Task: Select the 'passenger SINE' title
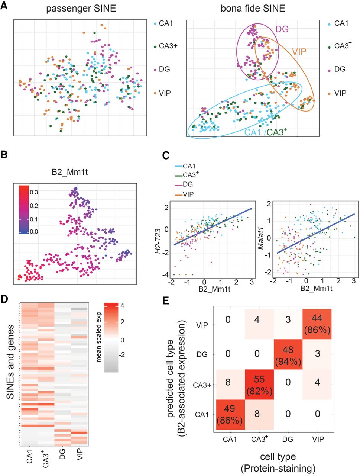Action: pos(81,9)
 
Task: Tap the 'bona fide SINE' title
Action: pos(253,9)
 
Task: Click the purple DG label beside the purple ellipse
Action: pos(282,29)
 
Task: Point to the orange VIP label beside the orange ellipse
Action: pos(299,51)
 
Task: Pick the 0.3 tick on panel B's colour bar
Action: pos(34,192)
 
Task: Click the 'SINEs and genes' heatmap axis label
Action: pos(11,361)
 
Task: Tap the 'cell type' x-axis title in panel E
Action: pos(278,457)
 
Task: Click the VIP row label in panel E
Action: pos(202,325)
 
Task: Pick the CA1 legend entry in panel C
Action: pos(189,166)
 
